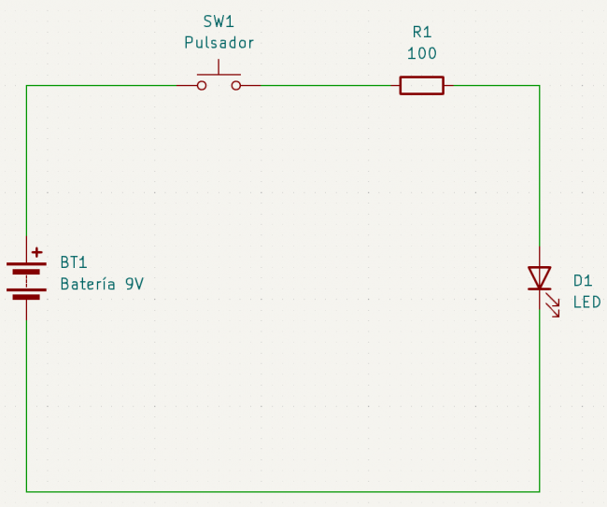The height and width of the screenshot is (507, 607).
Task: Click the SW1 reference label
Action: click(x=219, y=21)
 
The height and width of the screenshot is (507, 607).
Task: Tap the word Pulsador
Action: click(x=219, y=43)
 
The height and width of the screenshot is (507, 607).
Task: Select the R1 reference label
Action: click(x=421, y=32)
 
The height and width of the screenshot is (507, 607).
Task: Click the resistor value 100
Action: click(x=421, y=53)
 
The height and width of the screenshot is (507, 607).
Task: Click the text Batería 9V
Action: click(x=102, y=284)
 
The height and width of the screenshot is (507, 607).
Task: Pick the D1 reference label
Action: click(x=583, y=281)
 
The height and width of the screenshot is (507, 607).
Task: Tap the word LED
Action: click(x=586, y=303)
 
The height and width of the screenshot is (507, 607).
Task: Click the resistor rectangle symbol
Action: click(x=421, y=86)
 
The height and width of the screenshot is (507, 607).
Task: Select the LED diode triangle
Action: click(x=539, y=277)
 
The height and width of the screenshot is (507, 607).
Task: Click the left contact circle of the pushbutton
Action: click(x=201, y=86)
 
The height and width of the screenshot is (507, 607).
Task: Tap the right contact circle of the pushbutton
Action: click(x=235, y=86)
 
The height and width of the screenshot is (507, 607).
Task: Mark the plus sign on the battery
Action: click(x=36, y=252)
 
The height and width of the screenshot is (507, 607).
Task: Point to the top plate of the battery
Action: click(x=26, y=264)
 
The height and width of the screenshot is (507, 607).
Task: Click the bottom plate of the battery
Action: click(x=26, y=296)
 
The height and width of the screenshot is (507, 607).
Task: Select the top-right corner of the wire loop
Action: click(x=539, y=86)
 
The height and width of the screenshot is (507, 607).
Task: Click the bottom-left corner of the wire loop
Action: click(x=26, y=491)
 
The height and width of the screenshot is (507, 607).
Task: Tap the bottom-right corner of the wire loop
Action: click(x=539, y=491)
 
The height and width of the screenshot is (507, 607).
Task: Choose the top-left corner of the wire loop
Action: click(x=26, y=86)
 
